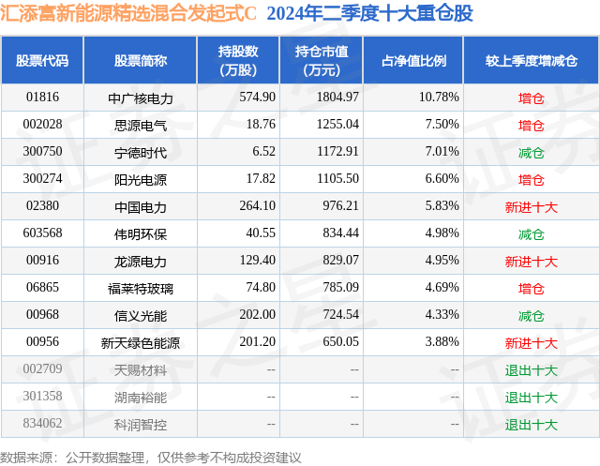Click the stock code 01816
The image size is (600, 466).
42,98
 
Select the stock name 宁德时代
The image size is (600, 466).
141,153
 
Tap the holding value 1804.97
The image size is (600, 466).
337,98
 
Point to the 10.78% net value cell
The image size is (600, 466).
439,98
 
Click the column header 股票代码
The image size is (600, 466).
42,61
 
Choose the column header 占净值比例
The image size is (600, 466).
413,61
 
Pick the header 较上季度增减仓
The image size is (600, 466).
532,61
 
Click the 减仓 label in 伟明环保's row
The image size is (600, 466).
532,234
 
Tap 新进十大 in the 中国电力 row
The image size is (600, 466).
532,207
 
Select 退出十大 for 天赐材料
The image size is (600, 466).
532,370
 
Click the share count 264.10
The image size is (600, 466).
258,206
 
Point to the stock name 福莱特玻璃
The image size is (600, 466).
141,289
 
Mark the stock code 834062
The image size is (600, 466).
42,423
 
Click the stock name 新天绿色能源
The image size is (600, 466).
141,343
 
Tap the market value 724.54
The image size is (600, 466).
341,314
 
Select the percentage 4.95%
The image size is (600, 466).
442,260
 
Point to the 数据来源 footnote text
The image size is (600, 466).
151,458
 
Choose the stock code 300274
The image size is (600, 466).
42,179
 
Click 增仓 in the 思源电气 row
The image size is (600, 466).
532,126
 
